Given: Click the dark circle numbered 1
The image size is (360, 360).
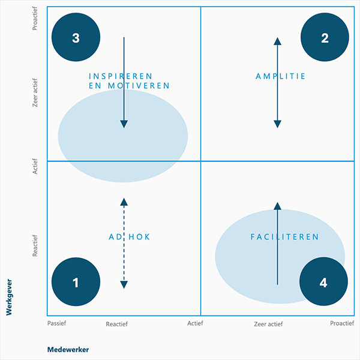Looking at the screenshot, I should (76, 282).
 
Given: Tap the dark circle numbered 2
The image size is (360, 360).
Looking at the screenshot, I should (325, 38).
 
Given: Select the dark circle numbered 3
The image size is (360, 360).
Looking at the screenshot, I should (76, 38).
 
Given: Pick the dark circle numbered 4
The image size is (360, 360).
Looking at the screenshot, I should (323, 282).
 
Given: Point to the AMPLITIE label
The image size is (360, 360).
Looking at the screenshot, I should (280, 76).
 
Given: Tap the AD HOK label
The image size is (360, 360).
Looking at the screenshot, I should (129, 237).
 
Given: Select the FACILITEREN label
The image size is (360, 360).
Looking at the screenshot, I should (284, 237).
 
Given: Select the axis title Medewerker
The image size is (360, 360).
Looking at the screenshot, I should (68, 349).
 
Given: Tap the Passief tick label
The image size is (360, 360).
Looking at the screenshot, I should (56, 323).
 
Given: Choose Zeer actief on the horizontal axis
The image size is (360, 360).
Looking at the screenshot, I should (268, 323).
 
